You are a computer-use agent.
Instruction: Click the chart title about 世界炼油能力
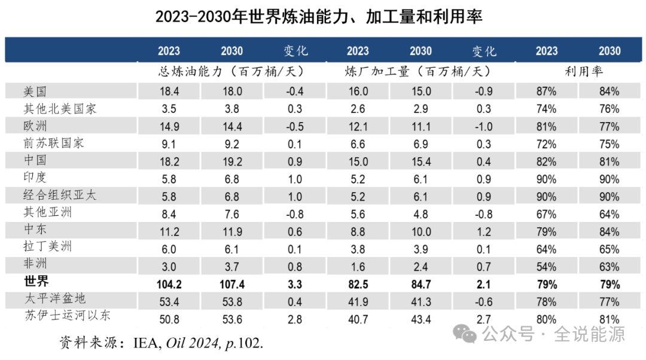319,16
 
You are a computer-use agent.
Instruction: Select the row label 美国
35,91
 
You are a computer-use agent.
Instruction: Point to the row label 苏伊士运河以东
67,315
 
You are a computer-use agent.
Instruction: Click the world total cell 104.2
168,285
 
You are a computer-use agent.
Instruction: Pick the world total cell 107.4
231,285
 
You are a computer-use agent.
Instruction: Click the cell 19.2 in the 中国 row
231,161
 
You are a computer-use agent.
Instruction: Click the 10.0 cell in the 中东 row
420,231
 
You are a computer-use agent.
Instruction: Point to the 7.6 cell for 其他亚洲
231,213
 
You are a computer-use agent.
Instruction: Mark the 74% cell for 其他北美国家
546,109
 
